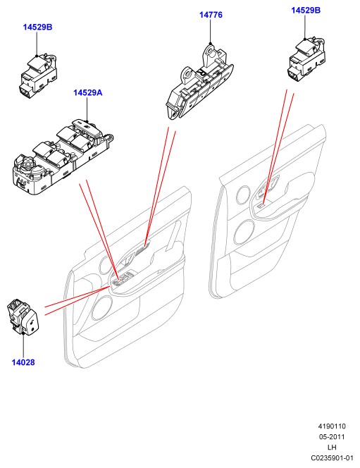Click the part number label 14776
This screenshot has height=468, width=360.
click(x=211, y=15)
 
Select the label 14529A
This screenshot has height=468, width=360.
click(x=87, y=93)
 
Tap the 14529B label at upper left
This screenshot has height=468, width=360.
click(x=37, y=27)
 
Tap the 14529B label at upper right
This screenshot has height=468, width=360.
click(x=306, y=11)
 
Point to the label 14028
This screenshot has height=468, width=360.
click(x=23, y=362)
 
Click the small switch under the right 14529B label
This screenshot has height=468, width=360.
click(x=306, y=58)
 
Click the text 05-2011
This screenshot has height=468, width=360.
click(x=332, y=437)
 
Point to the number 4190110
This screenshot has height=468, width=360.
click(x=332, y=426)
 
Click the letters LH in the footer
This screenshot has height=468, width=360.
click(x=332, y=447)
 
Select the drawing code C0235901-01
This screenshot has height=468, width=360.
click(x=332, y=458)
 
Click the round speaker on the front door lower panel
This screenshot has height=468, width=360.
click(x=101, y=308)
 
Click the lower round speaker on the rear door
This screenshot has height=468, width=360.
click(x=245, y=232)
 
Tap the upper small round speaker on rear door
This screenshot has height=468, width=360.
click(x=243, y=195)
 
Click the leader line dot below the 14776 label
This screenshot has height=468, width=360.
click(x=210, y=44)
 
